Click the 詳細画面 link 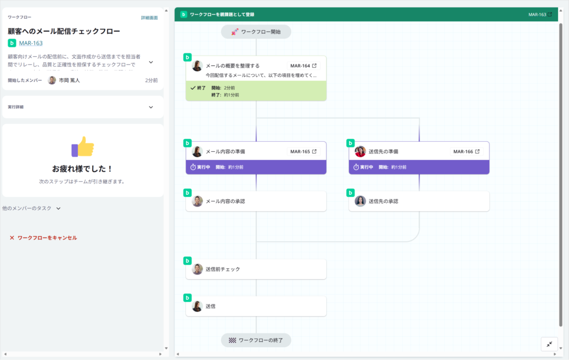[x=149, y=18]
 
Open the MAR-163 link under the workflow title [x=31, y=43]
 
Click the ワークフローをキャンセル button [x=43, y=238]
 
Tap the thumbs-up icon [x=83, y=147]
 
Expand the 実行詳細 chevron [x=151, y=107]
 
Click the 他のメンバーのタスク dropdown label [x=27, y=208]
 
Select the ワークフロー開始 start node [x=256, y=32]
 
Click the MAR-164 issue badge [x=303, y=66]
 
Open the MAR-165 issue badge [x=303, y=152]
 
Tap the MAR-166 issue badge [x=467, y=152]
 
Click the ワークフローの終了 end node [x=256, y=340]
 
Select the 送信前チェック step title [x=223, y=269]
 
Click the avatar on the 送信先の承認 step [x=360, y=201]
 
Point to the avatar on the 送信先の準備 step [x=360, y=152]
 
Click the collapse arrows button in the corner [x=550, y=344]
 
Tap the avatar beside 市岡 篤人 [x=52, y=80]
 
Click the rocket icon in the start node [x=235, y=32]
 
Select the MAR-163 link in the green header [x=540, y=15]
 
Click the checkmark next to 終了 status [x=193, y=88]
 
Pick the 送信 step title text [x=211, y=306]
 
